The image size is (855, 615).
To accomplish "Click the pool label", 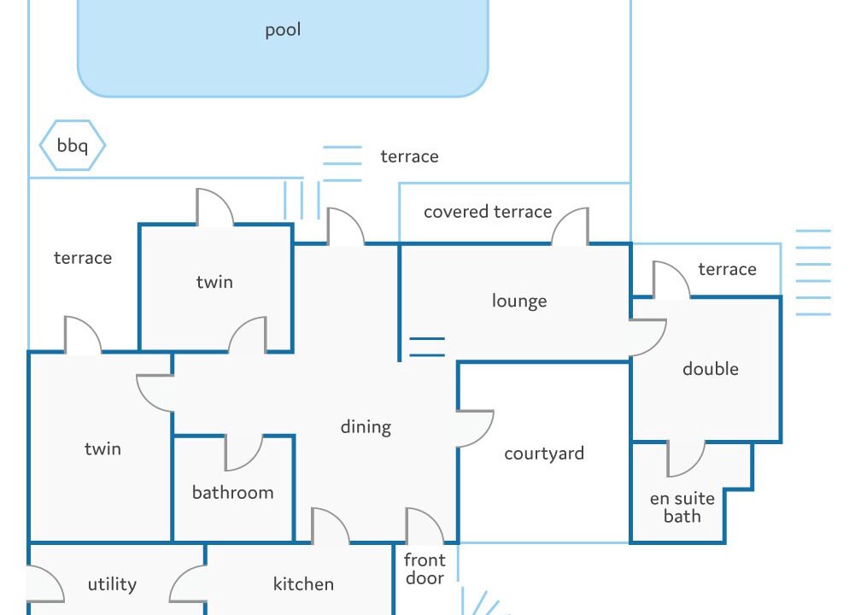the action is click(x=283, y=30).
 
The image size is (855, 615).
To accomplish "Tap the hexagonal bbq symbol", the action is click(x=73, y=145).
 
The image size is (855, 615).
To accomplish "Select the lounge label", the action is click(x=519, y=301).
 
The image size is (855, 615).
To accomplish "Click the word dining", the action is click(x=366, y=427).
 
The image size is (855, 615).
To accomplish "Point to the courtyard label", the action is click(x=543, y=454).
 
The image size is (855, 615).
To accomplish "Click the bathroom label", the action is click(x=233, y=492).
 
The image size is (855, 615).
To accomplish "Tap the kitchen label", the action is click(x=303, y=584).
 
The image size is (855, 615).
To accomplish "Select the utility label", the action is click(x=112, y=584).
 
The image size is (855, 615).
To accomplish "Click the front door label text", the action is click(x=425, y=569).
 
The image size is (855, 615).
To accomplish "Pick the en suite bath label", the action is click(x=682, y=507).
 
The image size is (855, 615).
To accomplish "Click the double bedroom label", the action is click(x=711, y=368).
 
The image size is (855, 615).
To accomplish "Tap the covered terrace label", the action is click(x=488, y=212).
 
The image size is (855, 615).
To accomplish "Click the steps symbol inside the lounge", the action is click(x=427, y=347).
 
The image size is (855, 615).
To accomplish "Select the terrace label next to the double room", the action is click(x=727, y=269).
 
